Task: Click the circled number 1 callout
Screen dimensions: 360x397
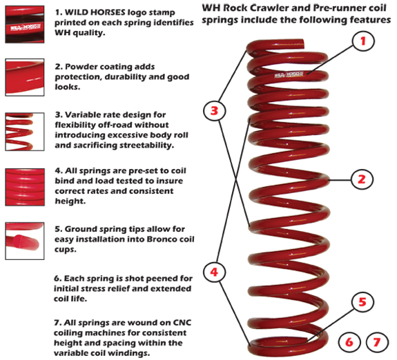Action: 362,41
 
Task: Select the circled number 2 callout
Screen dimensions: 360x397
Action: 360,180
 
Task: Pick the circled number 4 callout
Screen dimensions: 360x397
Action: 215,272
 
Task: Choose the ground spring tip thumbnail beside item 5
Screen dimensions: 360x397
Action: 24,238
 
